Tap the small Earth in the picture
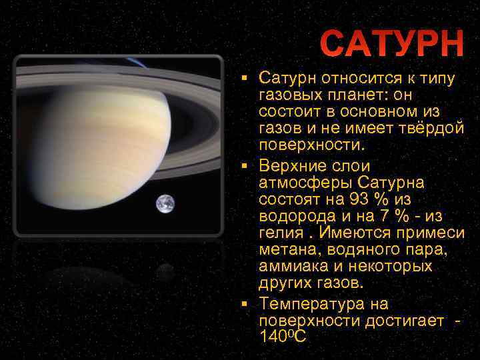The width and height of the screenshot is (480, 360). [165, 203]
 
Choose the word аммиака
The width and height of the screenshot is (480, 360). [291, 266]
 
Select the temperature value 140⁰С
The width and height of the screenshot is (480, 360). [283, 337]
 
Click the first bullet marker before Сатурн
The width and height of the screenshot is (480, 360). [245, 79]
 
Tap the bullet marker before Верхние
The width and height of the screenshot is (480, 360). [245, 165]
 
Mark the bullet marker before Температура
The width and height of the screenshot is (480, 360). [245, 304]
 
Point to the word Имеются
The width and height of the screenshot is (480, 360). [353, 233]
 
